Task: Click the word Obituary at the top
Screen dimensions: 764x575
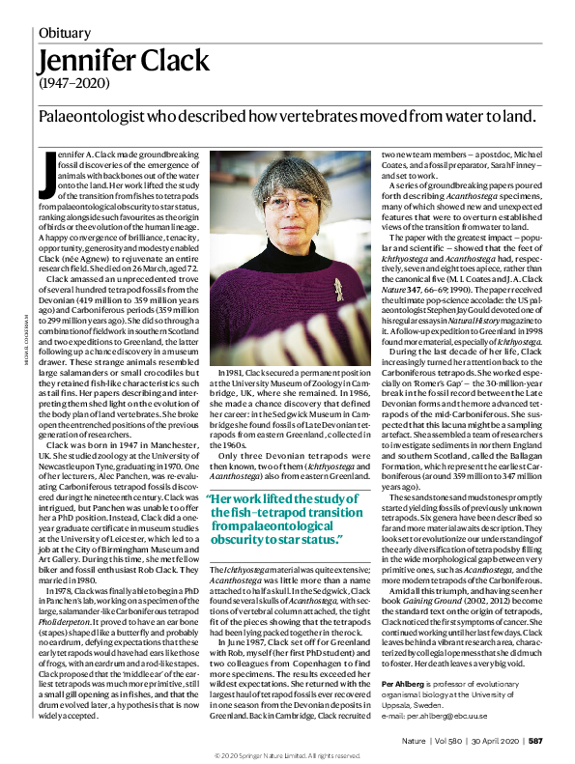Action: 65,33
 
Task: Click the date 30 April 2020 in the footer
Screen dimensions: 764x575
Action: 495,742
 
